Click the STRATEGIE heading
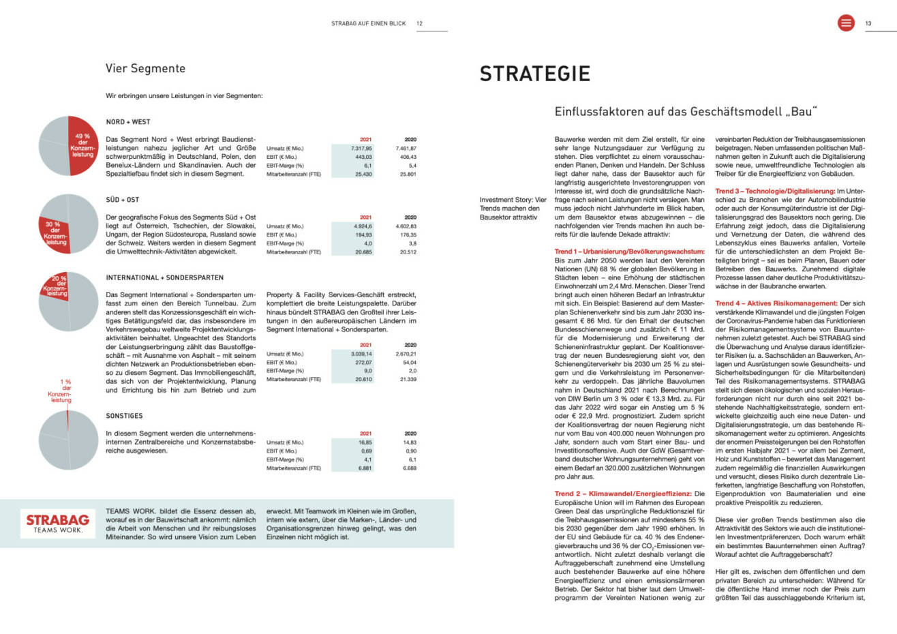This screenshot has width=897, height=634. click(x=534, y=74)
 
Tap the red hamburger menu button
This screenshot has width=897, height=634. click(x=846, y=23)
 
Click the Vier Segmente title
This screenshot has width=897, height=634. click(x=145, y=68)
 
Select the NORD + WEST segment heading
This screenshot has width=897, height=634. click(x=128, y=122)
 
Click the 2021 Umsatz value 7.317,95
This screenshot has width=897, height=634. click(x=361, y=148)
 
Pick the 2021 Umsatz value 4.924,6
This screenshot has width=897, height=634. click(x=363, y=226)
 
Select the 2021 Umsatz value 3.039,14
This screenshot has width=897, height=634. click(x=361, y=354)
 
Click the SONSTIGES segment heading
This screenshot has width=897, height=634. click(x=124, y=415)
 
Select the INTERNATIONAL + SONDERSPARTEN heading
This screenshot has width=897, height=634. click(x=164, y=277)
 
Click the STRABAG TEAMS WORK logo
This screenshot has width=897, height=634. click(x=58, y=523)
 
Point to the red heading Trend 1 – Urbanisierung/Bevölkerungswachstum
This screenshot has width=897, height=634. click(x=629, y=252)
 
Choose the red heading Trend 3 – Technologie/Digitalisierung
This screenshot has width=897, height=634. click(x=774, y=192)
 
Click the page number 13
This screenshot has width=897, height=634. click(x=868, y=23)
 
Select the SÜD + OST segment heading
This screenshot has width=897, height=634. click(x=123, y=200)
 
